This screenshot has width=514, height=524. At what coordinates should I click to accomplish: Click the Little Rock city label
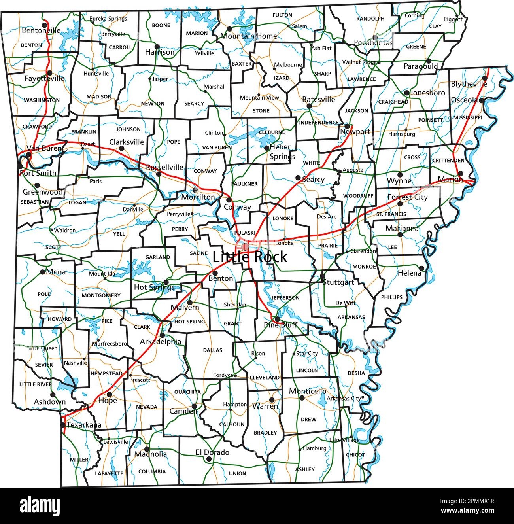point(250,257)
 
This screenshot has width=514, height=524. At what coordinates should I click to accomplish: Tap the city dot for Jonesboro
point(406,93)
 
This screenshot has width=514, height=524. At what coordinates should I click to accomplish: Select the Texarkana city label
point(84,425)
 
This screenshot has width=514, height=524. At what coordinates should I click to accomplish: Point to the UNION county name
point(237,473)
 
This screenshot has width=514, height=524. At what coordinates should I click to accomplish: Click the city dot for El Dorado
point(208,459)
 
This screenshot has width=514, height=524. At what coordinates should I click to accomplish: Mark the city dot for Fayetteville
point(49,72)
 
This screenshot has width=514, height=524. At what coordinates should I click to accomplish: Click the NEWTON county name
point(153,104)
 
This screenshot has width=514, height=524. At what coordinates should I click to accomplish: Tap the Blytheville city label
point(469,84)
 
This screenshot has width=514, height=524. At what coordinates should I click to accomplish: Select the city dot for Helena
point(421,268)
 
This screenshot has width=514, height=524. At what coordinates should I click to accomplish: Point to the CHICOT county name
point(355,455)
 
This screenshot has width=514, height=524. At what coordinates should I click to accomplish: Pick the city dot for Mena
point(42,272)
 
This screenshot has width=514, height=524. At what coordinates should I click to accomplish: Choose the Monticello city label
point(308,391)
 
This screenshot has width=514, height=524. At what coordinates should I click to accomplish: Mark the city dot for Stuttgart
point(322,276)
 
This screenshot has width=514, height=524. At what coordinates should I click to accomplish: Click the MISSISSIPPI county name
point(468,118)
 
